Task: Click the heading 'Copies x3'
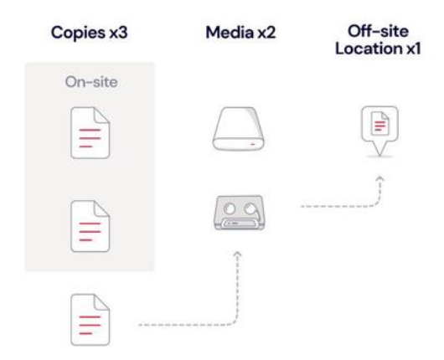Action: [89, 33]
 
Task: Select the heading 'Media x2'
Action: [240, 33]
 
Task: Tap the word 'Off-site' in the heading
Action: [378, 31]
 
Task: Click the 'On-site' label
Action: [91, 82]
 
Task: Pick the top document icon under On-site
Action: [90, 132]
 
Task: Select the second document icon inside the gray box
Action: [90, 226]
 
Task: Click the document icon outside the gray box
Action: [90, 319]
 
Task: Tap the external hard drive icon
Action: [238, 128]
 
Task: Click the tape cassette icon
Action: [240, 213]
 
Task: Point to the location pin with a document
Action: [379, 131]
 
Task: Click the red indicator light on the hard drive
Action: [253, 144]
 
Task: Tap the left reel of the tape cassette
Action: [230, 208]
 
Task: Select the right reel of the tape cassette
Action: [250, 208]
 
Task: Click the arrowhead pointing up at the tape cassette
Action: [238, 254]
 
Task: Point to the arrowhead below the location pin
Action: [379, 179]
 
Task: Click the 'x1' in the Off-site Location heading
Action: [414, 49]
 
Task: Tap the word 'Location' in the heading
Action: [369, 49]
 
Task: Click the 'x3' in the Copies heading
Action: [118, 33]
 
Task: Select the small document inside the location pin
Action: [380, 123]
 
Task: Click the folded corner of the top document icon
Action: [102, 116]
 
